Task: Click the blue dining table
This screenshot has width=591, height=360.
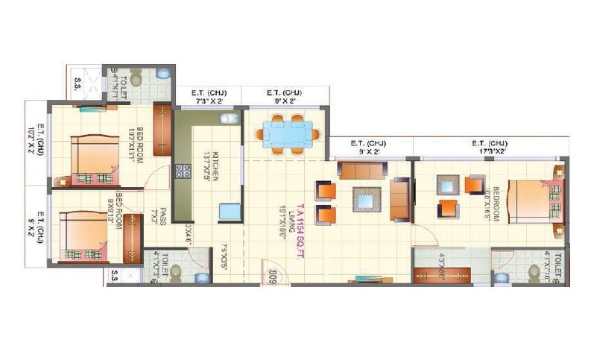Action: [x=287, y=134]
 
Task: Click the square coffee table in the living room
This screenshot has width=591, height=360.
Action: [x=366, y=199]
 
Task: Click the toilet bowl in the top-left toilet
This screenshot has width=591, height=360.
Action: [x=136, y=77]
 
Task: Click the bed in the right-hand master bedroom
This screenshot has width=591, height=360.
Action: [x=533, y=200]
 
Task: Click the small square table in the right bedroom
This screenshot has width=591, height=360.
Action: [x=448, y=183]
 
